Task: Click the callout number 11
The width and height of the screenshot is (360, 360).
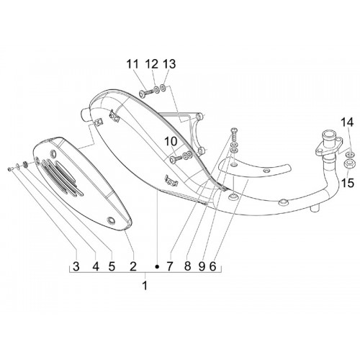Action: (132, 64)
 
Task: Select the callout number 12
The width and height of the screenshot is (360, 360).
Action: (151, 64)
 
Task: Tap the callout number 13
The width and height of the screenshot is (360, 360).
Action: (169, 64)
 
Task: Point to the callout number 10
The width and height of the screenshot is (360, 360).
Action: (171, 142)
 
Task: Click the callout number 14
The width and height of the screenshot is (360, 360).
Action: (347, 122)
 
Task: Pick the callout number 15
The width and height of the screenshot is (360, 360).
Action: (347, 184)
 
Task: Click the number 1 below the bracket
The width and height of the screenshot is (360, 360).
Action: (145, 286)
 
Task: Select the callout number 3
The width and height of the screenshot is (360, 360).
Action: (76, 266)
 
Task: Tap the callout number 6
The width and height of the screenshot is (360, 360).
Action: (212, 266)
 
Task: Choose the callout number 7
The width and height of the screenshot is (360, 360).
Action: (170, 266)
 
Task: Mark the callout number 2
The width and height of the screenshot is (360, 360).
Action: (133, 266)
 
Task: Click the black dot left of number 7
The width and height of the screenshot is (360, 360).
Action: (157, 266)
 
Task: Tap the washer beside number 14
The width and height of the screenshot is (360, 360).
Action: (348, 154)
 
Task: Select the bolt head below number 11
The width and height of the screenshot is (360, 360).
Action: (142, 93)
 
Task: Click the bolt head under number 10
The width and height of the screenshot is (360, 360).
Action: (173, 160)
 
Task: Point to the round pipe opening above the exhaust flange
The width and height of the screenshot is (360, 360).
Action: (329, 133)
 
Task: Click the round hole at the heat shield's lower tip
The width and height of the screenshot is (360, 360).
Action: (111, 220)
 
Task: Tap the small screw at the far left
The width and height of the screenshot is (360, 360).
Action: (10, 168)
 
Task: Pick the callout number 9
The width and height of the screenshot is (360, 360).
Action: (202, 266)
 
